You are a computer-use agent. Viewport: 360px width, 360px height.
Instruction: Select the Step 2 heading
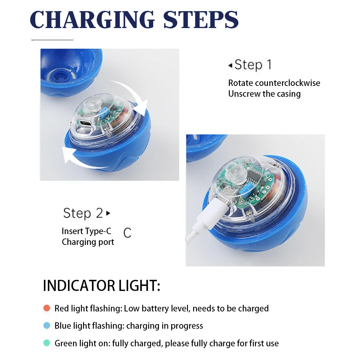tap(83, 213)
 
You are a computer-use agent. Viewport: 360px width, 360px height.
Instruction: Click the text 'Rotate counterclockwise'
tap(274, 83)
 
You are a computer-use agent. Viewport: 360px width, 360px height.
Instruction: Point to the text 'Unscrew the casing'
tap(264, 94)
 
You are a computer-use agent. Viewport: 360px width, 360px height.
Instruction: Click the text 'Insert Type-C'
tap(86, 231)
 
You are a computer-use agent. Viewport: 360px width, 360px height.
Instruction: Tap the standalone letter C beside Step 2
tap(127, 233)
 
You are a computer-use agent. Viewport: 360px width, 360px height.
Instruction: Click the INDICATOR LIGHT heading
tap(101, 286)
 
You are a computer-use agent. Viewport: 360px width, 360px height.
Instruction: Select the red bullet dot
tap(46, 308)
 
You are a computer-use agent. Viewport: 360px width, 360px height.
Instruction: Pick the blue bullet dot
tap(46, 326)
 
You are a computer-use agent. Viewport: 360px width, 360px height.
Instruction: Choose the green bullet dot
tap(46, 343)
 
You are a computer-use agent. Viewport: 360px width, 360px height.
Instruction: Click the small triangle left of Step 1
tap(230, 65)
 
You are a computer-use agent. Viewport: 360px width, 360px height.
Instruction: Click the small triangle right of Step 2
tap(108, 213)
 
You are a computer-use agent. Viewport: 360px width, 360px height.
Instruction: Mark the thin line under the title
tap(52, 40)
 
